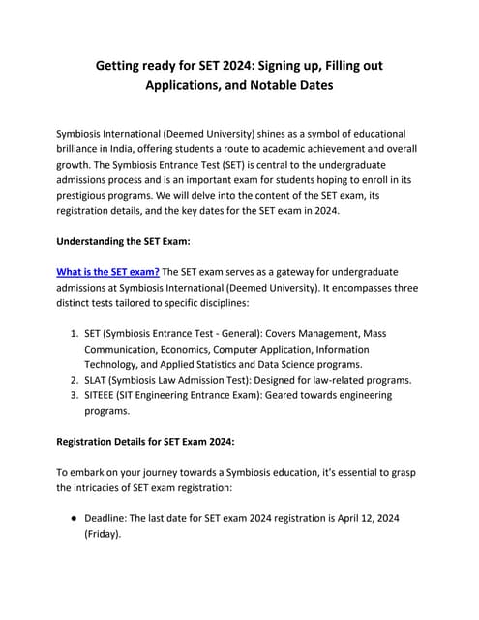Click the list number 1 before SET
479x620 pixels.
coord(74,333)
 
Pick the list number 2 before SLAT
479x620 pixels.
coord(74,380)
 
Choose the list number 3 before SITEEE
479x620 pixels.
coord(74,395)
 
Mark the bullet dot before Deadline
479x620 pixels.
coord(74,518)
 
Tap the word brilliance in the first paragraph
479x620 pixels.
coord(86,148)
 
